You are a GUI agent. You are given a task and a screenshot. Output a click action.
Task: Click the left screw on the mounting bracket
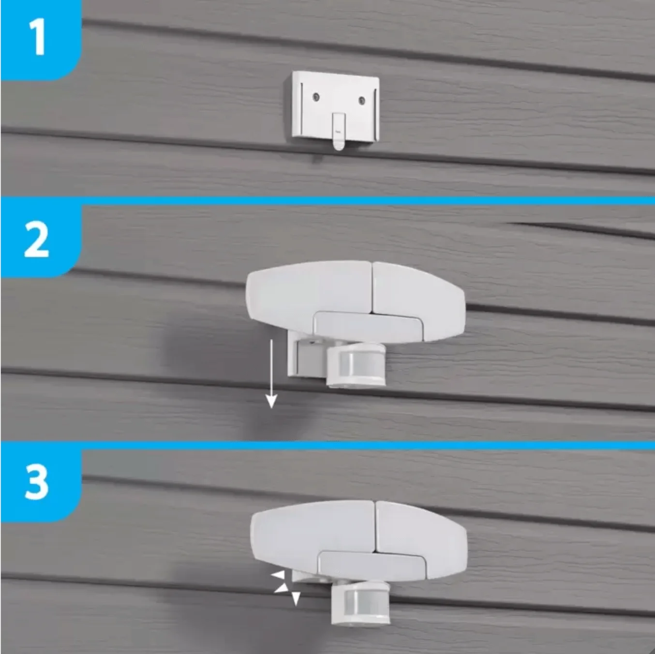click(x=316, y=97)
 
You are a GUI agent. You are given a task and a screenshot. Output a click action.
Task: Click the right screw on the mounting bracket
click(x=362, y=100)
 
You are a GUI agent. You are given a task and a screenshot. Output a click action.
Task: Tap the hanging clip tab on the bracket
click(x=339, y=131)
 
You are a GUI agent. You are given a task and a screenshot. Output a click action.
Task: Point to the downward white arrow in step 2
click(x=271, y=373)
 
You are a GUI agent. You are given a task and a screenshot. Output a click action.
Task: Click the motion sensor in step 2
click(x=356, y=365)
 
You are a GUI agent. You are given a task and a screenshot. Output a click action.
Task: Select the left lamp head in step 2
click(x=309, y=290)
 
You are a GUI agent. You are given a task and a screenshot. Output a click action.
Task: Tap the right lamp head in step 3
click(x=421, y=540)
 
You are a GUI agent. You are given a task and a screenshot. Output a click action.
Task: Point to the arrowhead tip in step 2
click(x=271, y=408)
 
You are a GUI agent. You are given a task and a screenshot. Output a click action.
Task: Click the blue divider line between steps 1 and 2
click(x=327, y=201)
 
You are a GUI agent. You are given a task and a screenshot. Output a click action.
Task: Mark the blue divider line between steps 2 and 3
click(x=327, y=446)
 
